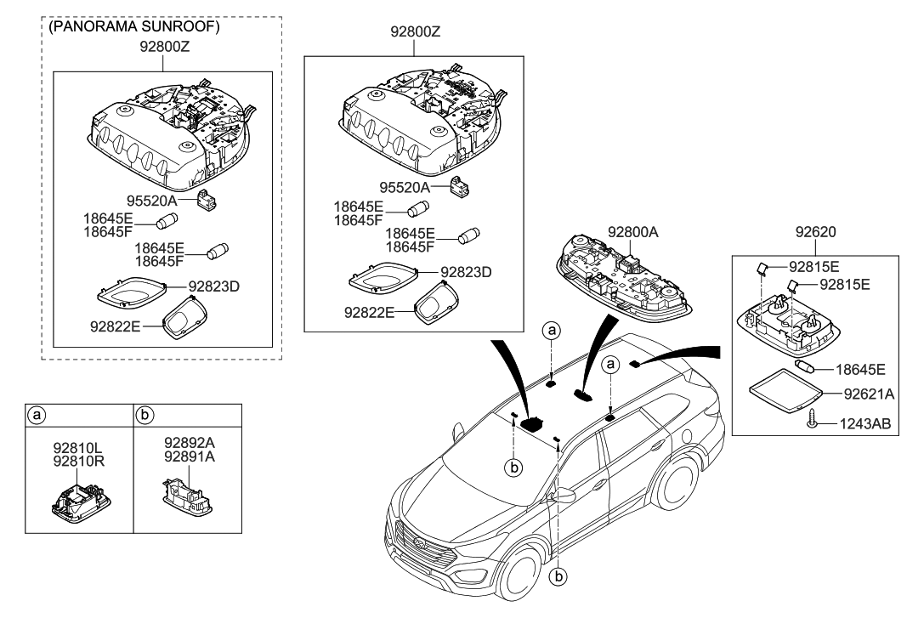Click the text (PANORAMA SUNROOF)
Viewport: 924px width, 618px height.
click(135, 27)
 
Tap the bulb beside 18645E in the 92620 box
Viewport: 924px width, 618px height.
click(806, 367)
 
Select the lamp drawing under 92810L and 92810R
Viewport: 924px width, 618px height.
click(78, 499)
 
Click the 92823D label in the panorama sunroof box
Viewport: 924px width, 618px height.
click(214, 286)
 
